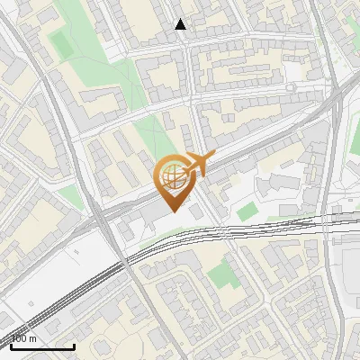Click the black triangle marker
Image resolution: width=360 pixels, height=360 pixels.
click(x=181, y=25)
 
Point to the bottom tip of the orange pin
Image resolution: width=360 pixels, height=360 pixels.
click(x=172, y=211)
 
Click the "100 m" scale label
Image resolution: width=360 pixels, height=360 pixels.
click(x=24, y=338)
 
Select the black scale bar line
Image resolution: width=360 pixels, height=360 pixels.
click(x=42, y=346)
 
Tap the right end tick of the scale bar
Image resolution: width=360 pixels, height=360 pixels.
click(x=74, y=346)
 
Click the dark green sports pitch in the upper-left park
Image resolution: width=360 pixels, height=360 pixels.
click(x=62, y=42)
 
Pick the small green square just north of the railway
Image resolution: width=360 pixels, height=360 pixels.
click(x=247, y=211)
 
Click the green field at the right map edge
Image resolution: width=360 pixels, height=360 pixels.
click(x=355, y=135)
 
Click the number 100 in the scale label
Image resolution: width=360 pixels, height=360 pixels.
click(x=20, y=338)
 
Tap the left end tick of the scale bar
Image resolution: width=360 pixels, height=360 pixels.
click(x=11, y=346)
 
